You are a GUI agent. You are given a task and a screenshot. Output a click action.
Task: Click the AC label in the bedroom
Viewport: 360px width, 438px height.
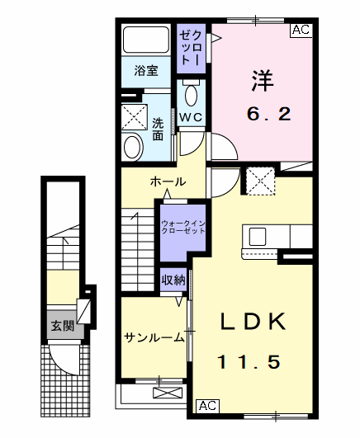301,31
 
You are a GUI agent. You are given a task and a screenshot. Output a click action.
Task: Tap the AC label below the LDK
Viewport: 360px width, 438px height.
206,407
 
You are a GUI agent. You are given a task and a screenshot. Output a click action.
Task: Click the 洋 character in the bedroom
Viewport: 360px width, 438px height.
263,81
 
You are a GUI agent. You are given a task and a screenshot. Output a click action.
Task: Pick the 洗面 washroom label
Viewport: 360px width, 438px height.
158,129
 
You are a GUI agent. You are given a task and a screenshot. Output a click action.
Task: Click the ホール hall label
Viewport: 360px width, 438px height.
168,181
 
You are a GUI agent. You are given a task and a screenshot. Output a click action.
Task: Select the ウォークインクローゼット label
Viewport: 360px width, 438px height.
183,228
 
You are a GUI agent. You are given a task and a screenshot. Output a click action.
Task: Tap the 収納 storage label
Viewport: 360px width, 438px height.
173,280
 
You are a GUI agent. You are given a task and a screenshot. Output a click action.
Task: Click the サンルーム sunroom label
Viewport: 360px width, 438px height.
154,337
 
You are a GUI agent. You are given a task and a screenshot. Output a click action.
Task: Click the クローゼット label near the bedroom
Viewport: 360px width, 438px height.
191,46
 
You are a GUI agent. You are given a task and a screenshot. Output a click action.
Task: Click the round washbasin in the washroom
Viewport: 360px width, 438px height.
132,148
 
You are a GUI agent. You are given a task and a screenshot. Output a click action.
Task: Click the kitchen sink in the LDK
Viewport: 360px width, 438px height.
257,237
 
